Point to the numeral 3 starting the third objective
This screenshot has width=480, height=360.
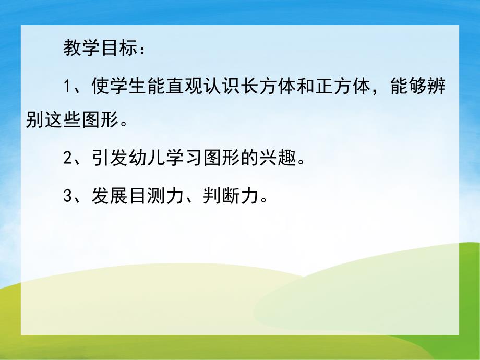point(67,197)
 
